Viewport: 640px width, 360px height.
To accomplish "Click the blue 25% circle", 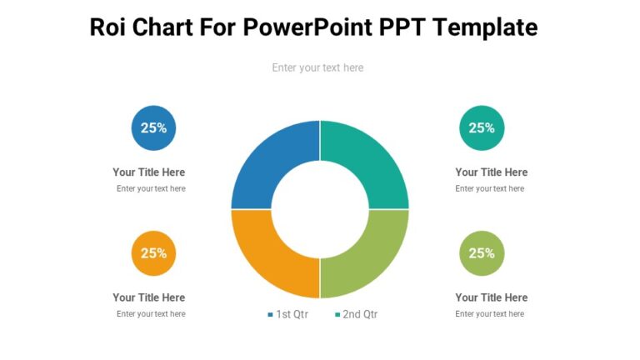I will (153, 128).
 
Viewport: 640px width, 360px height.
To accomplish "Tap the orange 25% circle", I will (153, 253).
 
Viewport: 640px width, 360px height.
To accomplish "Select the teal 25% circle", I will (482, 128).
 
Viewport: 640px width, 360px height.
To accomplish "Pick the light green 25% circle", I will (482, 253).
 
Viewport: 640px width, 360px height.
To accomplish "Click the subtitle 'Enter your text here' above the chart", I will (317, 67).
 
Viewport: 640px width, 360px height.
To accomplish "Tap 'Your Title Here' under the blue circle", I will (149, 172).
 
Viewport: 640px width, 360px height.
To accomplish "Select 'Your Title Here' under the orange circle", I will (149, 297).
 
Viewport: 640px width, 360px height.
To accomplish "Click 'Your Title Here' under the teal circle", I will (492, 172).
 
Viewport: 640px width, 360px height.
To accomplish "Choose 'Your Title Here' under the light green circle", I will (492, 297).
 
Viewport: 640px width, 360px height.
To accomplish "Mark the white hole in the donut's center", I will (320, 209).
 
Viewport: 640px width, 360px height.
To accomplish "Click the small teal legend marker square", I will (337, 315).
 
